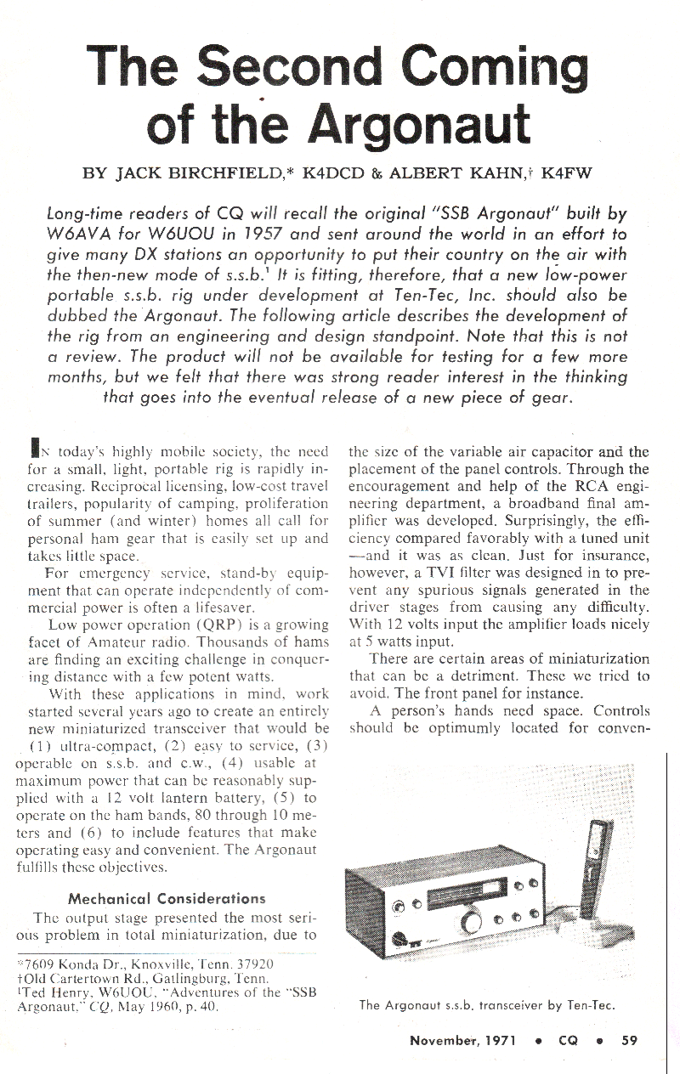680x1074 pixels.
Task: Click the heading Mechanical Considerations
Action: coord(167,897)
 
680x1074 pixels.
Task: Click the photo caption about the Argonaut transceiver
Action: coord(487,1006)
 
